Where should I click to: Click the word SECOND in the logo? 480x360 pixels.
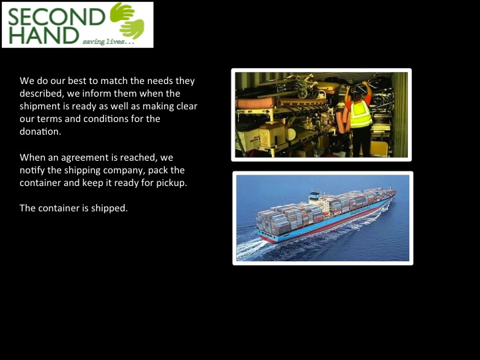(56, 17)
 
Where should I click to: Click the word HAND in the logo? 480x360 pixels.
(44, 35)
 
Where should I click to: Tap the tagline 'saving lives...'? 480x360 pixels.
(109, 41)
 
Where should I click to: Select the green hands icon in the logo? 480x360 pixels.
(127, 21)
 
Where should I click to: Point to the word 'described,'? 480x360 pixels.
(42, 93)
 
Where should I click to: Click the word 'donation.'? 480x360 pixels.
(41, 131)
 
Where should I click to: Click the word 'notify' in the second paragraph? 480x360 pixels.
(32, 171)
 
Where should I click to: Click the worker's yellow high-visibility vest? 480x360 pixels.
(361, 114)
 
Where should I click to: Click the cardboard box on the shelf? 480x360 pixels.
(272, 135)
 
